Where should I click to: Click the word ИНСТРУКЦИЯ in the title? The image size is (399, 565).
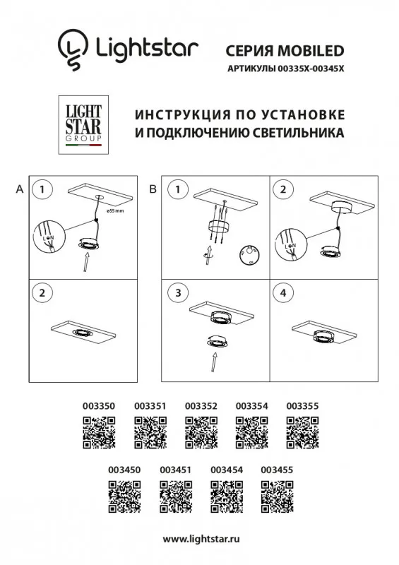(x=174, y=115)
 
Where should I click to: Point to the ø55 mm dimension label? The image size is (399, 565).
(x=115, y=211)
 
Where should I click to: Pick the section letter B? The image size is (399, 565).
(x=152, y=189)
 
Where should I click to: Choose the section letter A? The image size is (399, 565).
(x=19, y=189)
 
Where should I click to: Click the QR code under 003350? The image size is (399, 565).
(x=100, y=433)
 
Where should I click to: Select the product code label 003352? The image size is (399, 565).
(x=201, y=406)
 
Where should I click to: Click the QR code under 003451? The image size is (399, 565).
(x=176, y=496)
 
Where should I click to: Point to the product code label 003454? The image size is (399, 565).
(x=226, y=469)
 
